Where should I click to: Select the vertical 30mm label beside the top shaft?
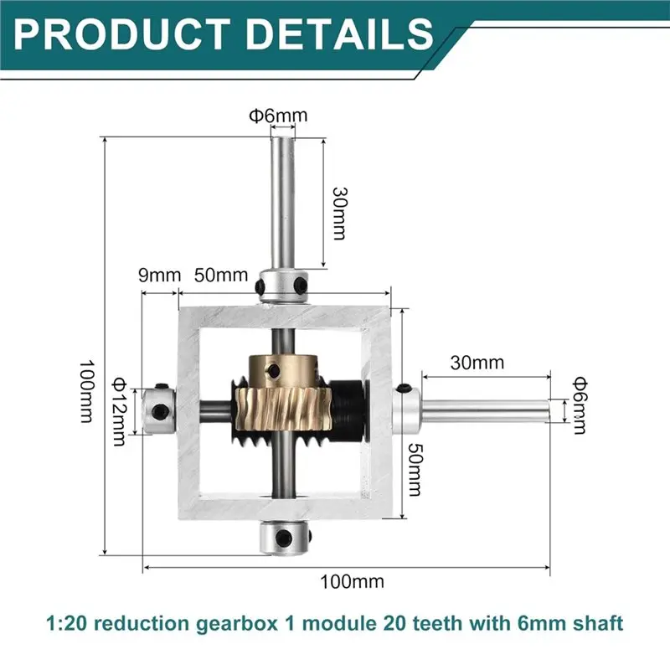tap(338, 212)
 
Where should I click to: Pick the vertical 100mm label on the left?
tap(85, 391)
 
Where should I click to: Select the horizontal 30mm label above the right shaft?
tap(477, 363)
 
